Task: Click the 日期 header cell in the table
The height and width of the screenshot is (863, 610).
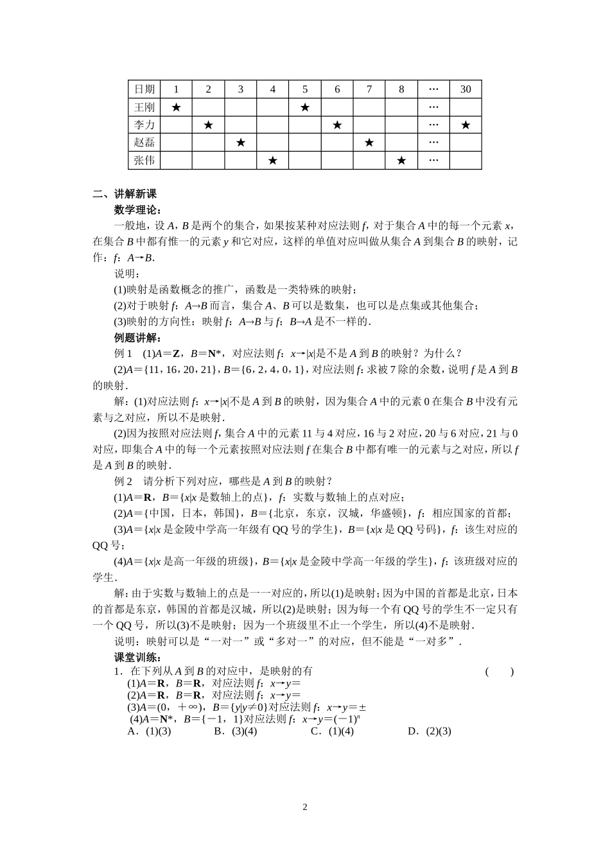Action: click(144, 89)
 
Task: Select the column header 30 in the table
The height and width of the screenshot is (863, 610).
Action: click(466, 89)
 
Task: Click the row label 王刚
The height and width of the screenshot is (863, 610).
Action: click(144, 107)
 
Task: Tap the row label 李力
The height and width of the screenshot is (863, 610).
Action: click(144, 125)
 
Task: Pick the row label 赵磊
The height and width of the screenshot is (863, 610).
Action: click(144, 143)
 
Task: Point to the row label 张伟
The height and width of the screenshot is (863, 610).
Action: click(144, 161)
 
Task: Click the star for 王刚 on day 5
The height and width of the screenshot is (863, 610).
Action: click(305, 107)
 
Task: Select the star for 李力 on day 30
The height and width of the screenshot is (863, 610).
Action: click(466, 125)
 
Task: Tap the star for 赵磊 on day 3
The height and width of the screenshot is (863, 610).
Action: click(241, 143)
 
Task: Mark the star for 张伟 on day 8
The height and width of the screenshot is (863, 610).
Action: click(401, 161)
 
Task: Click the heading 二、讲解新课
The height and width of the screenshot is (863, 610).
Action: click(125, 194)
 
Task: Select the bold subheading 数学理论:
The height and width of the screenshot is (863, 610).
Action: click(137, 209)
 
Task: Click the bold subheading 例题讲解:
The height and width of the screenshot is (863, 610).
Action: click(137, 338)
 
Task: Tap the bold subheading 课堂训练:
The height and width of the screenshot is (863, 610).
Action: click(137, 657)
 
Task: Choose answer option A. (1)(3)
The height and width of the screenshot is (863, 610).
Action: click(150, 731)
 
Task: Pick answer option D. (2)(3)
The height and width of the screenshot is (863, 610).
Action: click(430, 731)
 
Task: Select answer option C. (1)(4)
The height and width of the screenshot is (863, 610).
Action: click(332, 731)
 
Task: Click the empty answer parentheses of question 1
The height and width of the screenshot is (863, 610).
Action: click(499, 672)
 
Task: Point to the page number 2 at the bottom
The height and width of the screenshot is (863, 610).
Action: click(305, 807)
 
